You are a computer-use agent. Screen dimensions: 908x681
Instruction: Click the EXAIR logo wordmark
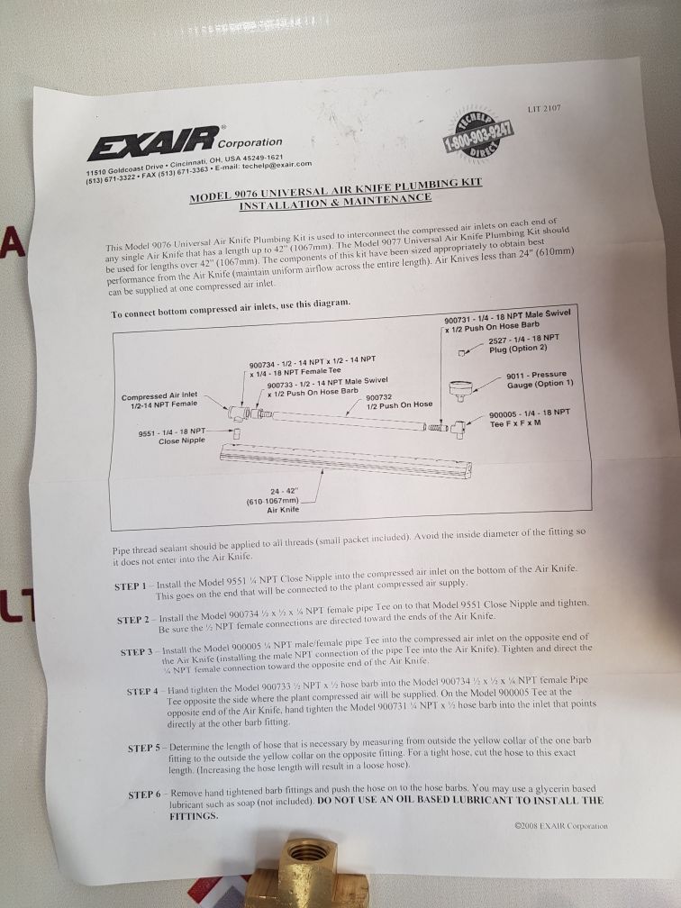152,142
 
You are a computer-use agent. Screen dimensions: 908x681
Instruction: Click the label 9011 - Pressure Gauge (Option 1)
535,378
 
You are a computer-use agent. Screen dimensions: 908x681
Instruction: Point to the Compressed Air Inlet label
159,401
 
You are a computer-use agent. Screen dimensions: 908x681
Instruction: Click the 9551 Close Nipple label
171,438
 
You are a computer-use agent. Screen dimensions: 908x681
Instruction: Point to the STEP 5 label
144,748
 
